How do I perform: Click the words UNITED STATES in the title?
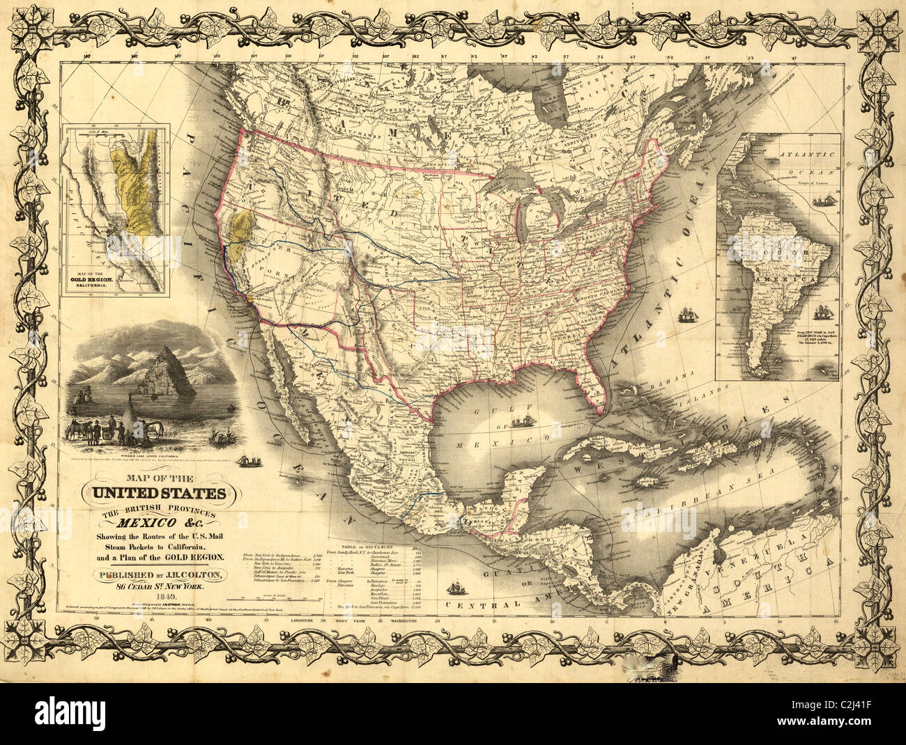click(x=154, y=495)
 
